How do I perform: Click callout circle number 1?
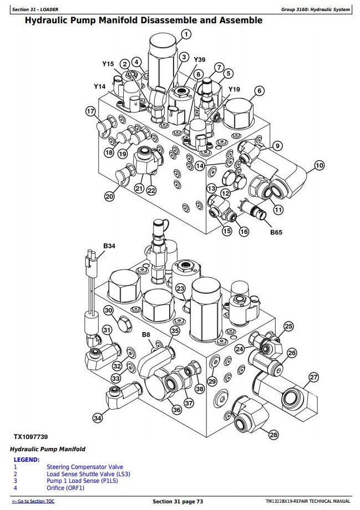pyautogui.click(x=185, y=34)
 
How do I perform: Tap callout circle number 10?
pyautogui.click(x=320, y=165)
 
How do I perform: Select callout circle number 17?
pyautogui.click(x=90, y=111)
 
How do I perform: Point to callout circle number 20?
pyautogui.click(x=110, y=196)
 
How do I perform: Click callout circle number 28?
pyautogui.click(x=273, y=435)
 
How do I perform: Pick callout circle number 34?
pyautogui.click(x=98, y=418)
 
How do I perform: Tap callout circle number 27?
pyautogui.click(x=314, y=378)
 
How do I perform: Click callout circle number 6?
pyautogui.click(x=259, y=91)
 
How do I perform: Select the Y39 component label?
pyautogui.click(x=200, y=59)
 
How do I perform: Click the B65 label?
pyautogui.click(x=276, y=232)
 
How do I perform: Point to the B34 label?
pyautogui.click(x=109, y=246)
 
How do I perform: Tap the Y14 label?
pyautogui.click(x=99, y=86)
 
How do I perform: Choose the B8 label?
pyautogui.click(x=146, y=334)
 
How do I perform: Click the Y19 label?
pyautogui.click(x=234, y=89)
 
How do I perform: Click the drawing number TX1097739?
pyautogui.click(x=32, y=437)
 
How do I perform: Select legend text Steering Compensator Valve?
pyautogui.click(x=85, y=467)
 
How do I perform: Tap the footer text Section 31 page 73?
pyautogui.click(x=178, y=501)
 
